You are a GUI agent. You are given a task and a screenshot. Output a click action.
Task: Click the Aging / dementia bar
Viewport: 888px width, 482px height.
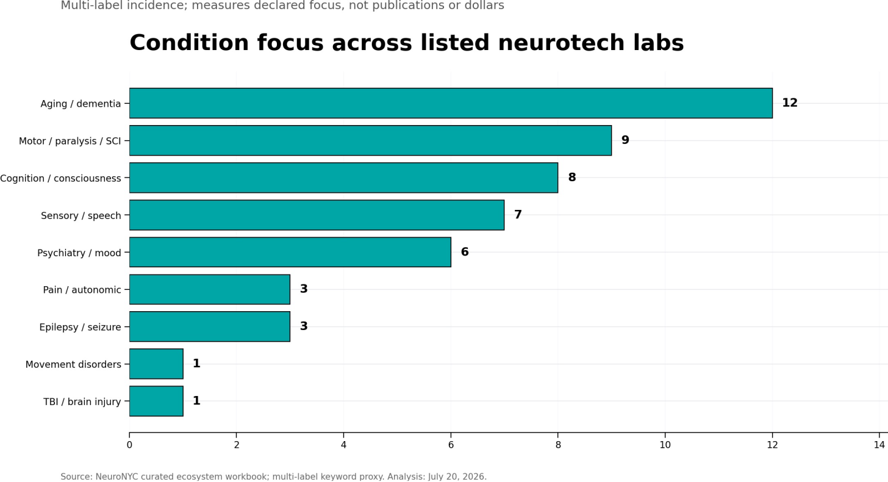[x=451, y=103]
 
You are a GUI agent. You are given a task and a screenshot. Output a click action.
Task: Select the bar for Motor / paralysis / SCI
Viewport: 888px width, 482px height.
[x=370, y=140]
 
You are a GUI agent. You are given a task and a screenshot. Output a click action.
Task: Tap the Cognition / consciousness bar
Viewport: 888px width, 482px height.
[x=344, y=178]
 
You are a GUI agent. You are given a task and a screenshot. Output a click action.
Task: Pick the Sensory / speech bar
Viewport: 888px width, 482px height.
[x=317, y=215]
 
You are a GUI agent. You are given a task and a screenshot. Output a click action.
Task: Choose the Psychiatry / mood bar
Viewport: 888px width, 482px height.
[x=290, y=253]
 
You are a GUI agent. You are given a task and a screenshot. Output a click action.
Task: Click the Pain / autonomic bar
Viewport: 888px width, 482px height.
[x=210, y=290]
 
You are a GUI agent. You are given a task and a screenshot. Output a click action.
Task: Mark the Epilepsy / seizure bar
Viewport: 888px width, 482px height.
[x=210, y=326]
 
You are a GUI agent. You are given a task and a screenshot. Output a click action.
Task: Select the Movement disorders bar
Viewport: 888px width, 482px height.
[x=156, y=364]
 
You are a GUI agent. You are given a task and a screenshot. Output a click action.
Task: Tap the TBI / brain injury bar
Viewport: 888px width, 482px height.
[x=156, y=401]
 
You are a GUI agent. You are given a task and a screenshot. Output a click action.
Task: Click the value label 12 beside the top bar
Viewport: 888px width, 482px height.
[x=790, y=103]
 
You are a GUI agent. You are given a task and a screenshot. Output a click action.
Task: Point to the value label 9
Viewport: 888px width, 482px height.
[x=625, y=140]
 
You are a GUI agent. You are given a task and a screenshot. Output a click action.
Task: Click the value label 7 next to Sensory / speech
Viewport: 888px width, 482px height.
[x=518, y=215]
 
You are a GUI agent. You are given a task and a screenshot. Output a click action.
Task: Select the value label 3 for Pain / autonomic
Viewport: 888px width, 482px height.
[x=304, y=289]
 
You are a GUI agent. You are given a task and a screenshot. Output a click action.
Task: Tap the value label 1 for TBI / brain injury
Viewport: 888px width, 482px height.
[x=196, y=401]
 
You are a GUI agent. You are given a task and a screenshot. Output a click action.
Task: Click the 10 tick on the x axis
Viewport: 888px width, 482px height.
[x=665, y=445]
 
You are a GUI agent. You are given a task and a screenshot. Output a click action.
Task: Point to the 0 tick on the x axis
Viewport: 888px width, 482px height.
[x=129, y=445]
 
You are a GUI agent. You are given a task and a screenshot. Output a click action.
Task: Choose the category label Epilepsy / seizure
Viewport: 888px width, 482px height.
[x=80, y=327]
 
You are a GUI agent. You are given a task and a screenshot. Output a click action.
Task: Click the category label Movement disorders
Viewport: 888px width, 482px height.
[x=73, y=365]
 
